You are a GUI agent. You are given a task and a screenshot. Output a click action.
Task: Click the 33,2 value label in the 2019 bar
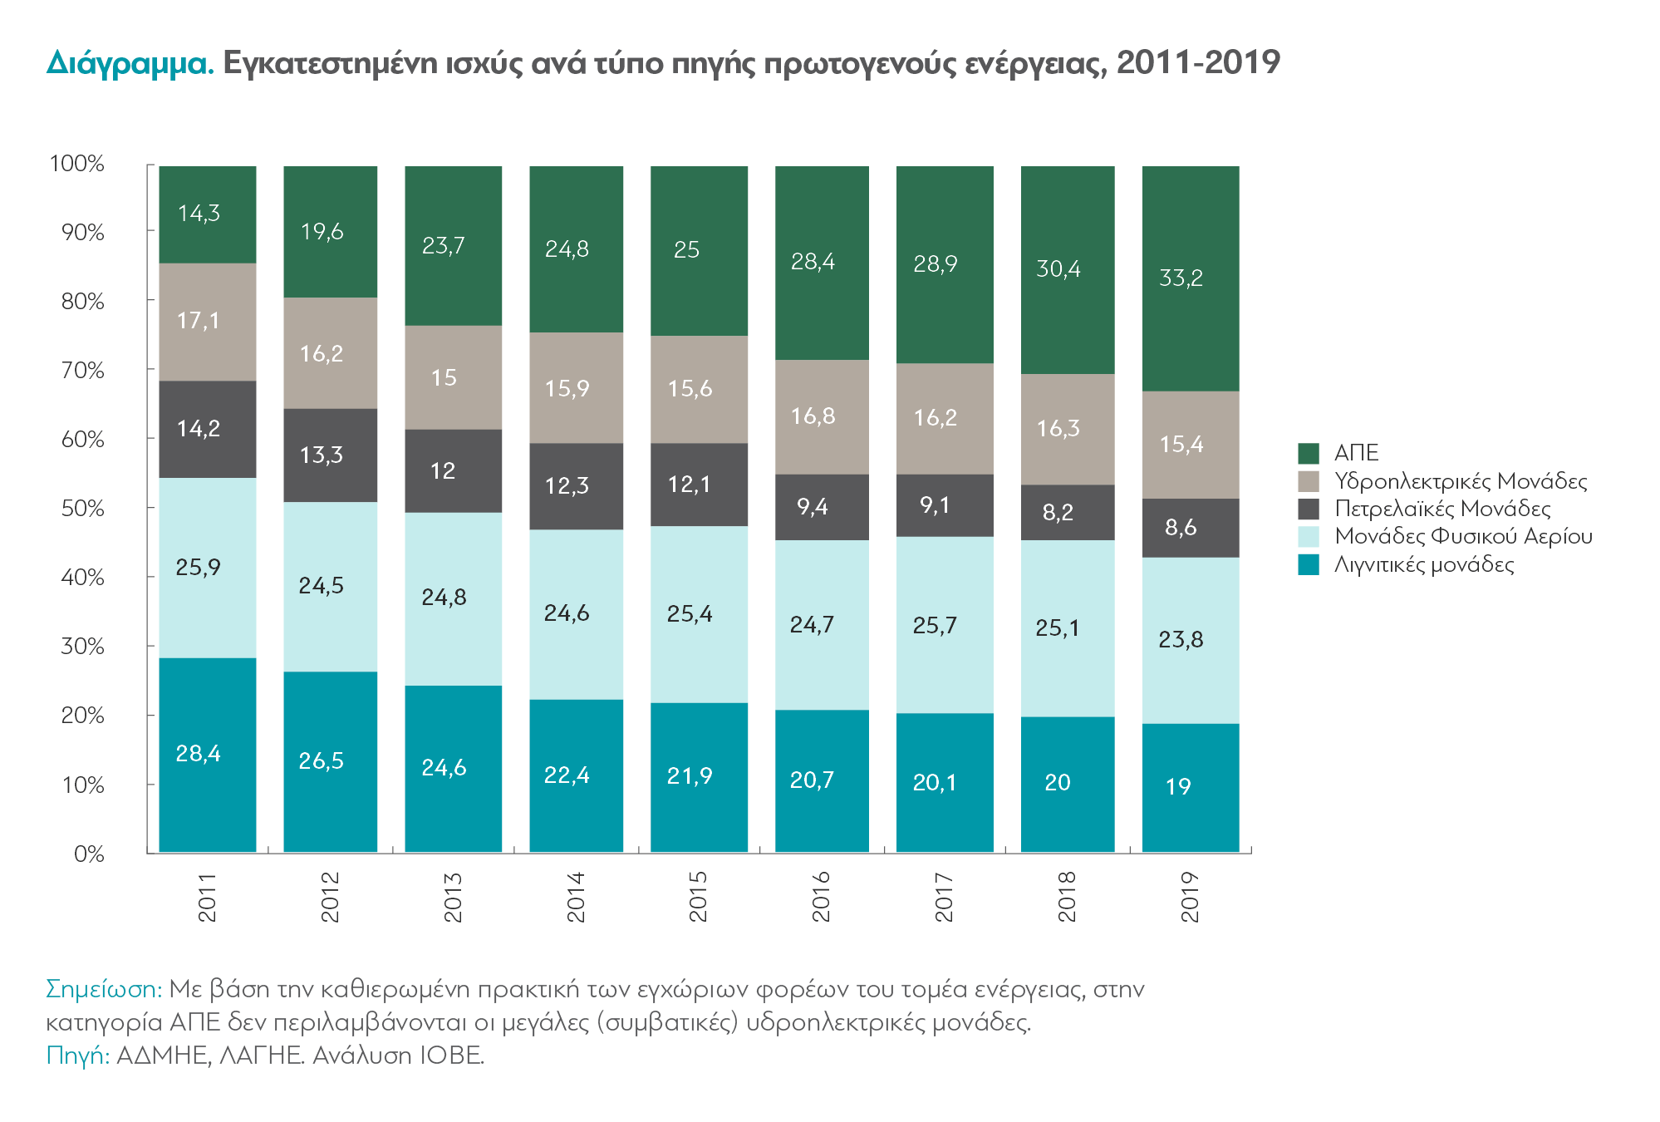tap(1181, 278)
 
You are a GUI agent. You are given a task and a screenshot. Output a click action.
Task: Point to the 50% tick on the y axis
tap(83, 509)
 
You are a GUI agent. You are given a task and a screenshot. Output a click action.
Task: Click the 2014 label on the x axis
tap(576, 897)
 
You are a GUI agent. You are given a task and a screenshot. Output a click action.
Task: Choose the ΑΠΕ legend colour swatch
tap(1309, 453)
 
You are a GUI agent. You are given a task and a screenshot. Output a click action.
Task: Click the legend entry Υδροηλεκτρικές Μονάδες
tap(1461, 481)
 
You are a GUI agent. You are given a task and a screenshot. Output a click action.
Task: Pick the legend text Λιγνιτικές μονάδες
tap(1424, 565)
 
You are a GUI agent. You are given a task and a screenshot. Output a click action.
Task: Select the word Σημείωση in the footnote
tap(103, 989)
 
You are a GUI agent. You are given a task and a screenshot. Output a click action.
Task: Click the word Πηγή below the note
tap(77, 1056)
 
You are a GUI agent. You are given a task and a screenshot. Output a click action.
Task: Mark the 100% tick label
tap(77, 164)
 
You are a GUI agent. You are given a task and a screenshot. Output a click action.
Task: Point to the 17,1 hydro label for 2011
tap(199, 321)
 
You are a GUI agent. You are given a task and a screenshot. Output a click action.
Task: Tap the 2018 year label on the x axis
tap(1067, 897)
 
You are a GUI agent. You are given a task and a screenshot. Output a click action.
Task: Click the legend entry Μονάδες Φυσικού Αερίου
tap(1463, 537)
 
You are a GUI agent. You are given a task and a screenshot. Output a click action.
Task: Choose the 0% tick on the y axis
tap(89, 854)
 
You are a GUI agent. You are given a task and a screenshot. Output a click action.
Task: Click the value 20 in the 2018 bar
tap(1058, 783)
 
